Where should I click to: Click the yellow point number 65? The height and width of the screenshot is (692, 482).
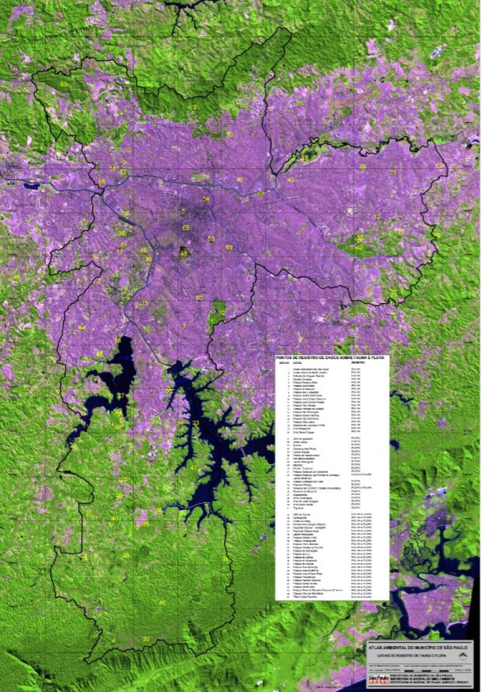tap(186, 228)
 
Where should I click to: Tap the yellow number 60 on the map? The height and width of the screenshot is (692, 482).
tap(199, 298)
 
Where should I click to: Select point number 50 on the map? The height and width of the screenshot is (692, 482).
tap(63, 84)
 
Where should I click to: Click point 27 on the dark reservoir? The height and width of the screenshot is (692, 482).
tap(120, 396)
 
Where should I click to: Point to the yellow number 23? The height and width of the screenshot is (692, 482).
tap(196, 423)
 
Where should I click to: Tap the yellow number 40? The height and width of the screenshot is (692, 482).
tap(114, 519)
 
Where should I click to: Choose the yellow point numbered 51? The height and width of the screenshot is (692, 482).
tap(392, 172)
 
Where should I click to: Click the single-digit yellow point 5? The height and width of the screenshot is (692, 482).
tap(183, 211)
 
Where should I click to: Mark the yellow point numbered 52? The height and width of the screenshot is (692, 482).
tap(123, 172)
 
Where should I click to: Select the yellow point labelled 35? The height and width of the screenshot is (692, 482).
tap(121, 233)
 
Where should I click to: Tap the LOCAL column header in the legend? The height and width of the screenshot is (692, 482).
tap(298, 364)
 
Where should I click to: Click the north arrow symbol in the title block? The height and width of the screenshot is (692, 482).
tap(463, 655)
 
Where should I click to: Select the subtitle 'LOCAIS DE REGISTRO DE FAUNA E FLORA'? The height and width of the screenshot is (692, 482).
tap(410, 655)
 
